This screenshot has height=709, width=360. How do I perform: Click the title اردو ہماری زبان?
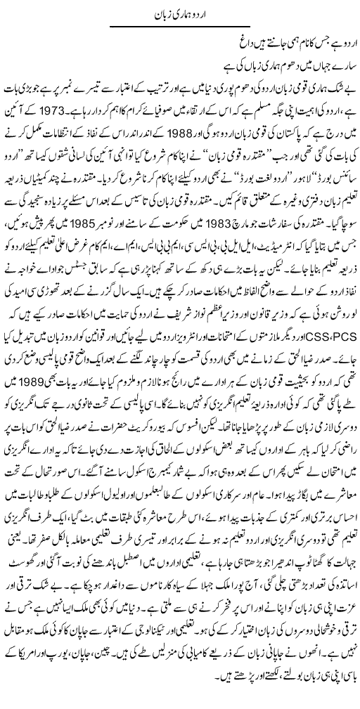179,15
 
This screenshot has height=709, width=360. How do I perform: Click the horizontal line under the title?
179,27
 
